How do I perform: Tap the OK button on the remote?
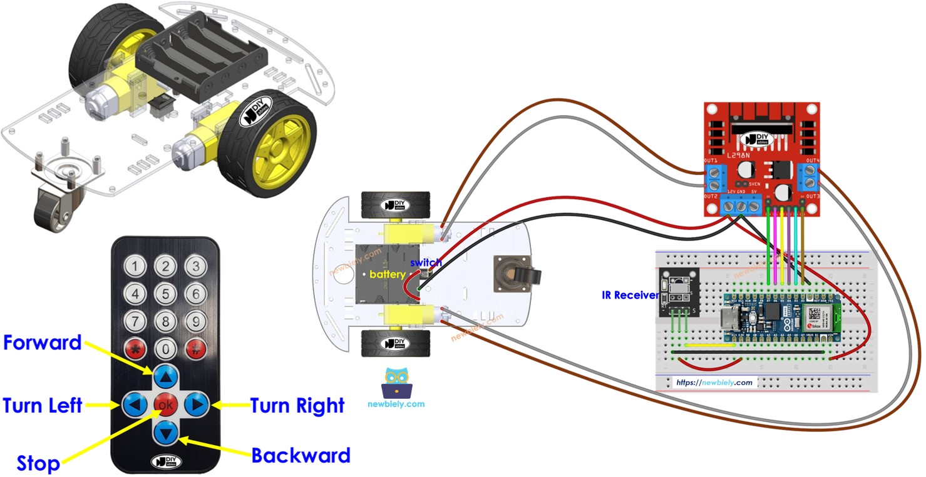coord(166,405)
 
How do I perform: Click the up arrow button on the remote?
coord(166,378)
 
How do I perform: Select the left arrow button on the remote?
coord(135,405)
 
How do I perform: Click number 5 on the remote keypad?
coord(165,294)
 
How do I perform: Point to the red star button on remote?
coord(135,349)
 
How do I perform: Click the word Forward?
coord(42,343)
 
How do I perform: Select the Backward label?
coord(301,455)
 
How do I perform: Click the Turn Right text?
coord(297,405)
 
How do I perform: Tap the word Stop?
coord(38,463)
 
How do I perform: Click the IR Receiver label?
coord(630,295)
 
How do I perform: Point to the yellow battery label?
coord(388,274)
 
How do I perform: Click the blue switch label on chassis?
coord(426,263)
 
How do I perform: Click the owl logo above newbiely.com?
coord(396,383)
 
